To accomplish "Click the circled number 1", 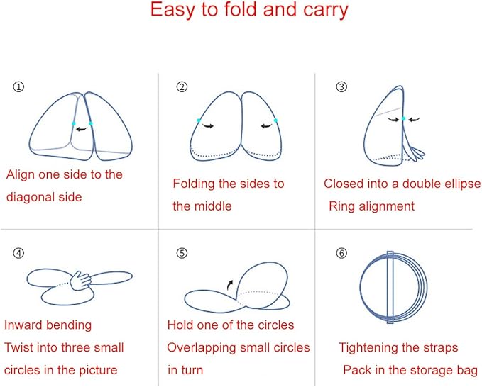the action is click(18, 87).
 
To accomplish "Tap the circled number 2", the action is click(182, 87).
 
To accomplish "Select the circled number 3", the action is click(341, 87).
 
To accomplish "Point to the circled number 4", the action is click(18, 253).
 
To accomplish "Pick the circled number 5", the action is click(182, 253).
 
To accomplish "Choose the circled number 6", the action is click(341, 253).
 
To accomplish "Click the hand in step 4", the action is click(80, 281).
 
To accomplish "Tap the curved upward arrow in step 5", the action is click(229, 285).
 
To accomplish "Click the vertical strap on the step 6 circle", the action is click(390, 287).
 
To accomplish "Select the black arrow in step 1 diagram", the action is click(82, 129).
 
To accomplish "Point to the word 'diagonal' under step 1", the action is click(28, 197).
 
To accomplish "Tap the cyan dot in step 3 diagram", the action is click(403, 118).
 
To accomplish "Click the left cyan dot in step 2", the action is click(199, 120).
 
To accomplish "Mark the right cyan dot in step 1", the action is click(91, 123).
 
